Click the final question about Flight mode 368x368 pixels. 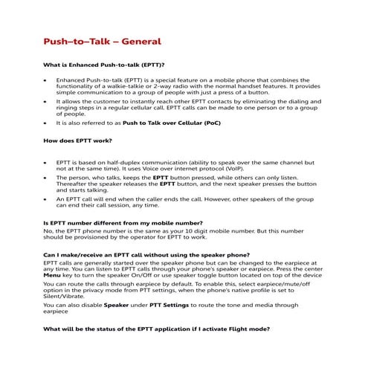(155, 328)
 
